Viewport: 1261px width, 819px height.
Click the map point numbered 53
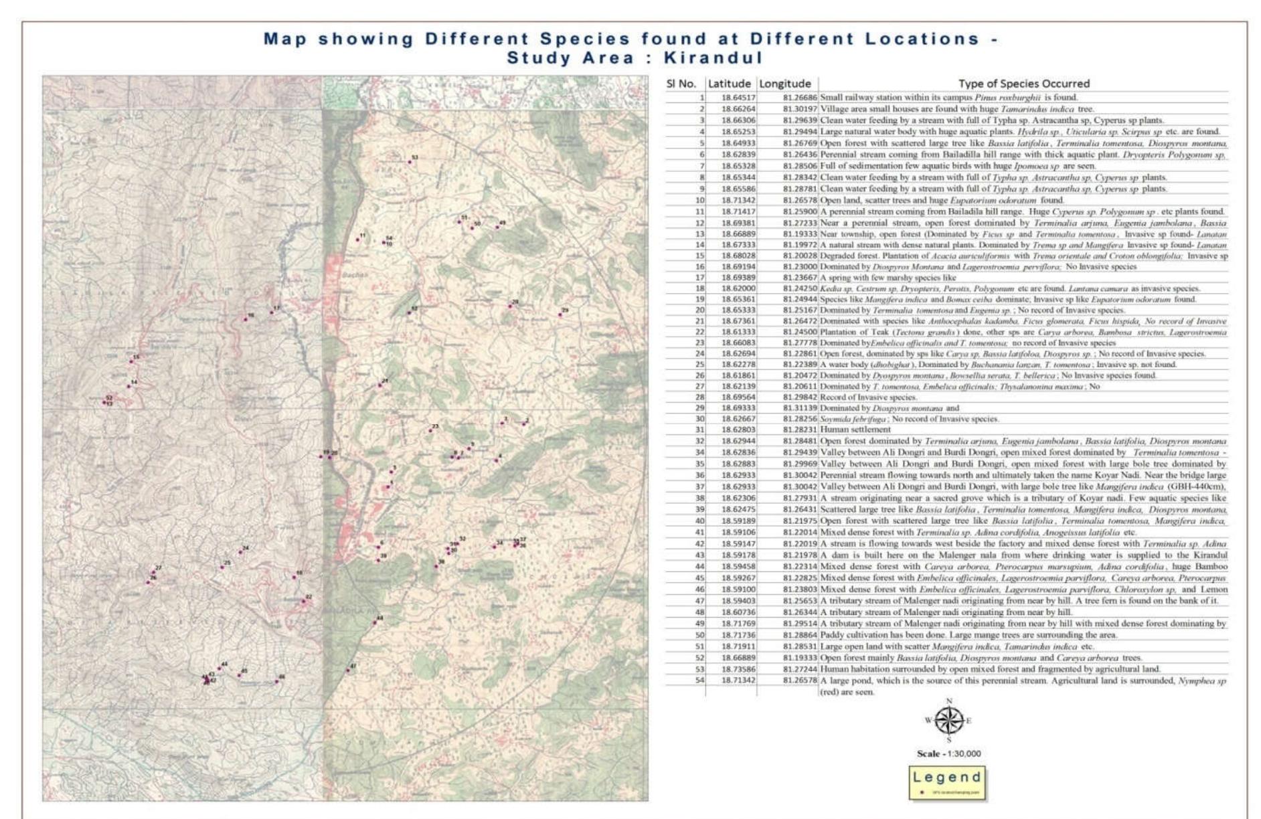coord(410,161)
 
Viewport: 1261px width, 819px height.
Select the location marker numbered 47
coord(348,670)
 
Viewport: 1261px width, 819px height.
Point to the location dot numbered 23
coord(430,430)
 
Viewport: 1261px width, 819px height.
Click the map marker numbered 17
coord(272,312)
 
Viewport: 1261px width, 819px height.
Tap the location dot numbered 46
coord(276,682)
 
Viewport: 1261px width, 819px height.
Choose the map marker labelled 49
coord(497,227)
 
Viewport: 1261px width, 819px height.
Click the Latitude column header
coord(730,84)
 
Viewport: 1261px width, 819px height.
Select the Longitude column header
coord(785,84)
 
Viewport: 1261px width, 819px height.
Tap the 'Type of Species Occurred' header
coord(1023,84)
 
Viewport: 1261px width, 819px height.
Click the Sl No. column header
coord(681,84)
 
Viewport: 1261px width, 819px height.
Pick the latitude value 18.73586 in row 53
coord(738,669)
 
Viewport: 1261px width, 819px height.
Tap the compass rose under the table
coord(948,721)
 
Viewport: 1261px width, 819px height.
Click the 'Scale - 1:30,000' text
coord(948,753)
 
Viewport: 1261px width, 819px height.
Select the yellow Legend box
coord(947,783)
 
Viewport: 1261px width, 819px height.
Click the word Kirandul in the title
coord(713,58)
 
